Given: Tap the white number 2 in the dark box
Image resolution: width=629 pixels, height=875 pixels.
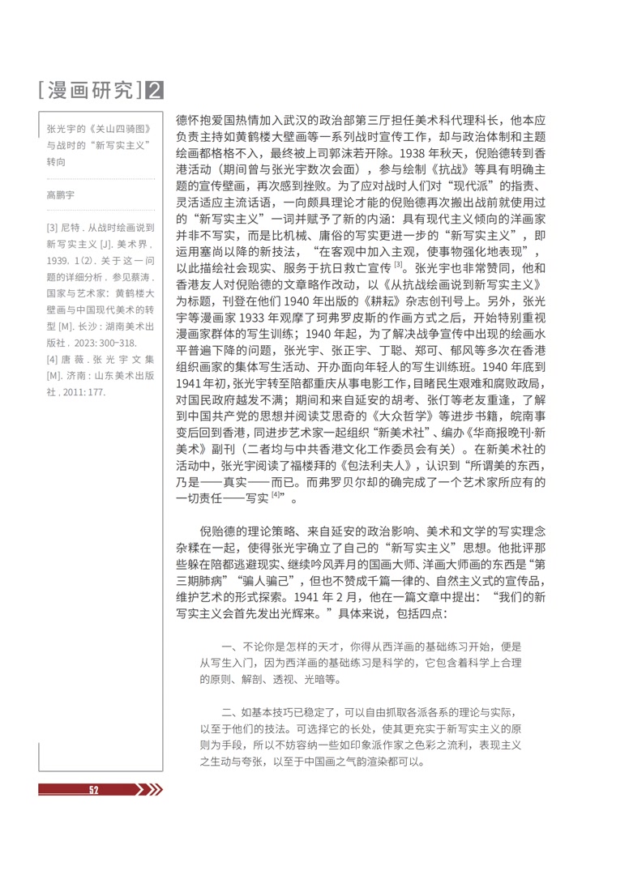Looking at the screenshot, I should pyautogui.click(x=154, y=89).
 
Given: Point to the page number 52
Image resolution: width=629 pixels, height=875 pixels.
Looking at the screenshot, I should pyautogui.click(x=94, y=790).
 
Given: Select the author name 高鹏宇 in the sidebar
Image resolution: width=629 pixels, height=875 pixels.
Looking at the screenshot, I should pyautogui.click(x=60, y=195).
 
